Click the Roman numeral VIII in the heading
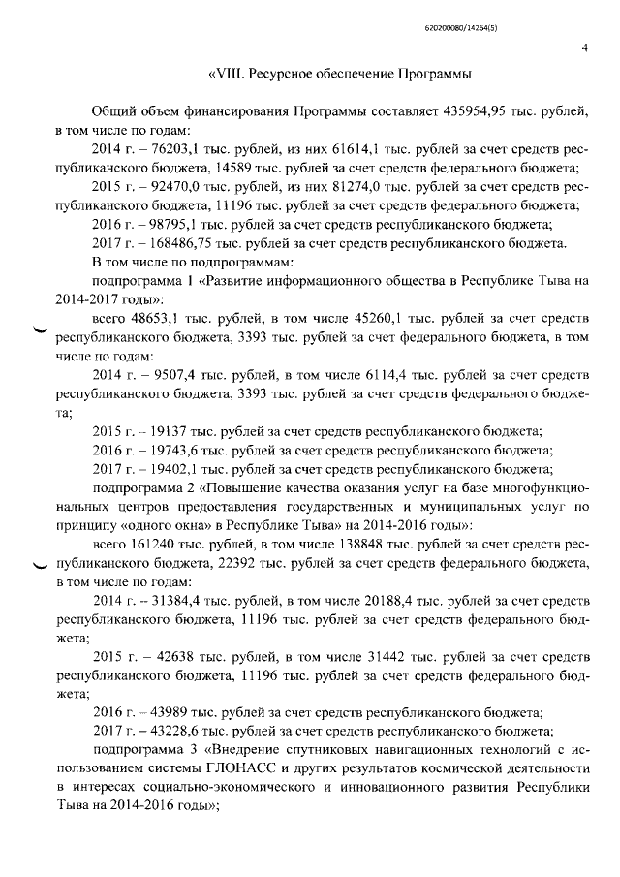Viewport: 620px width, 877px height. click(230, 74)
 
